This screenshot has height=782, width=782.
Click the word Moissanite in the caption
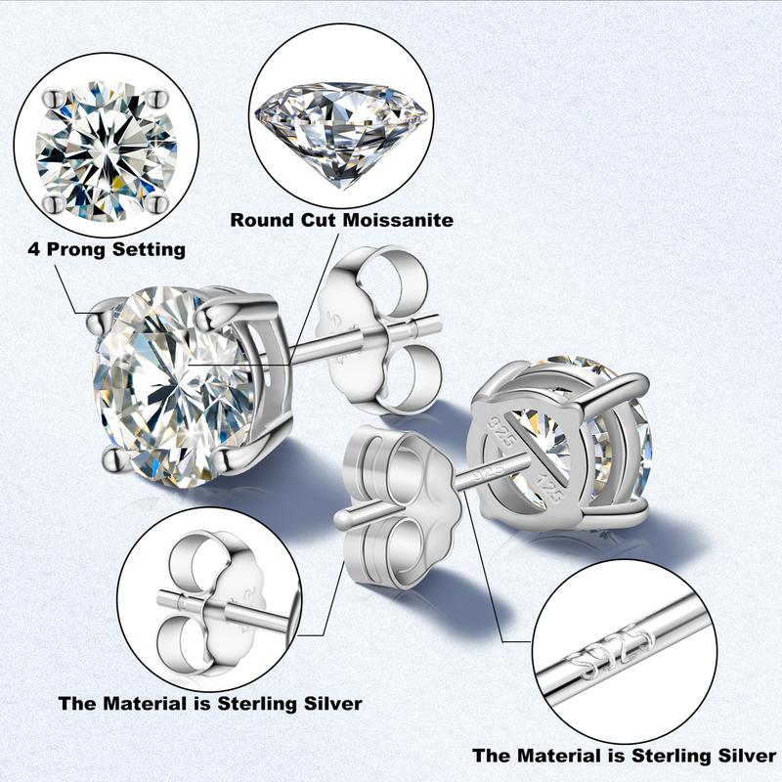(x=398, y=220)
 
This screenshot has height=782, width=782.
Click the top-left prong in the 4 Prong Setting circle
(x=54, y=98)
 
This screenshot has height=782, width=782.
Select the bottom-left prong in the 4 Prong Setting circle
(x=54, y=202)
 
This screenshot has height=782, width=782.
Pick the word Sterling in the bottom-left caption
(x=257, y=704)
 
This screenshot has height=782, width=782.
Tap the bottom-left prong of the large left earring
(x=114, y=457)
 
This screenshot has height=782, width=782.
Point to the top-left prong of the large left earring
(x=102, y=317)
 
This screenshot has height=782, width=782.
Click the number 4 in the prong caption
(x=34, y=249)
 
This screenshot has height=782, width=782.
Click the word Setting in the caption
(x=150, y=249)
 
